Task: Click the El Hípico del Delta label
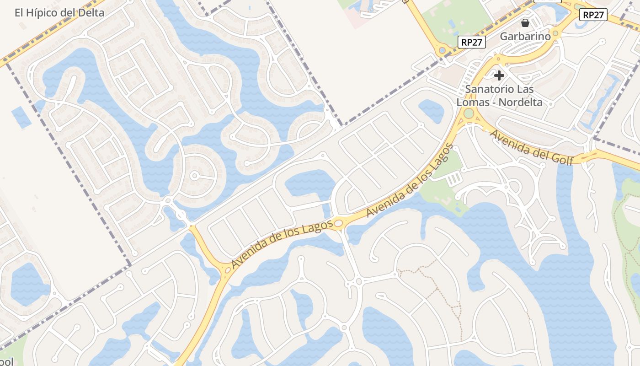(59, 12)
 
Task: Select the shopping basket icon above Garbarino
(525, 22)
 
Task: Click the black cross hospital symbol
(499, 75)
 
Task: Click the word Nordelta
(520, 102)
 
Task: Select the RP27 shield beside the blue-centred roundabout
(471, 43)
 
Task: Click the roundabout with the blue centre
(442, 51)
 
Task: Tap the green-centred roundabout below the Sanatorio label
(469, 113)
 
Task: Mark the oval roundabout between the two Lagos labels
(338, 223)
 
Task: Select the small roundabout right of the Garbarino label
(555, 33)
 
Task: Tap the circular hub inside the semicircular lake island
(194, 176)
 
